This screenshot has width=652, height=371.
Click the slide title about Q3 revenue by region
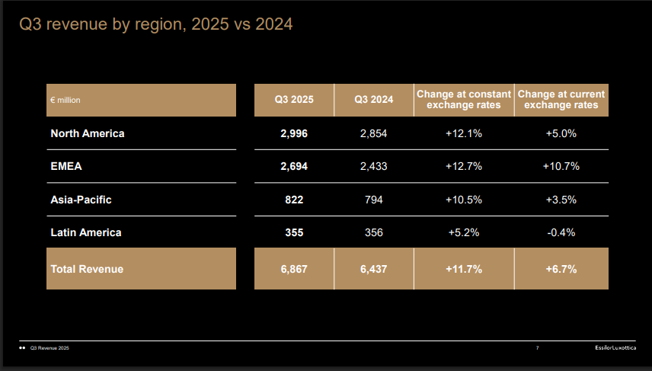click(x=156, y=25)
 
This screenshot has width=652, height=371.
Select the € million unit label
click(x=66, y=100)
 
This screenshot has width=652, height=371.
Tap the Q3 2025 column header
click(x=294, y=100)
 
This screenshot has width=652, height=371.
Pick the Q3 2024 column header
click(x=374, y=100)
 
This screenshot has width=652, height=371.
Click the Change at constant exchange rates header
click(x=463, y=100)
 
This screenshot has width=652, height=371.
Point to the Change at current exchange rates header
click(x=561, y=100)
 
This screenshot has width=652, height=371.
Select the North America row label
click(x=87, y=133)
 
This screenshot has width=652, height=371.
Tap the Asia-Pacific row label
click(x=81, y=200)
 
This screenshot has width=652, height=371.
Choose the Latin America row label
click(x=85, y=232)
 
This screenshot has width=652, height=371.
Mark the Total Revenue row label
click(x=86, y=269)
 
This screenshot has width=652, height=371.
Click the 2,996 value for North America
click(x=294, y=133)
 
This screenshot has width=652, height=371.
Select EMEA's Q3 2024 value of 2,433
click(x=374, y=166)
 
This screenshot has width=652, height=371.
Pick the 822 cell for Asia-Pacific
click(x=294, y=200)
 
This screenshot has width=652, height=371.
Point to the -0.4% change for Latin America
click(x=561, y=232)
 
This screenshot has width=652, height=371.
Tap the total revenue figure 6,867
click(x=294, y=269)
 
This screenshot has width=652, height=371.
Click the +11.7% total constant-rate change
click(x=463, y=269)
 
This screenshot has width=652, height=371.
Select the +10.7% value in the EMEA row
click(x=561, y=166)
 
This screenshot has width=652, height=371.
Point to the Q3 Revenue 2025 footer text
click(x=50, y=349)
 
